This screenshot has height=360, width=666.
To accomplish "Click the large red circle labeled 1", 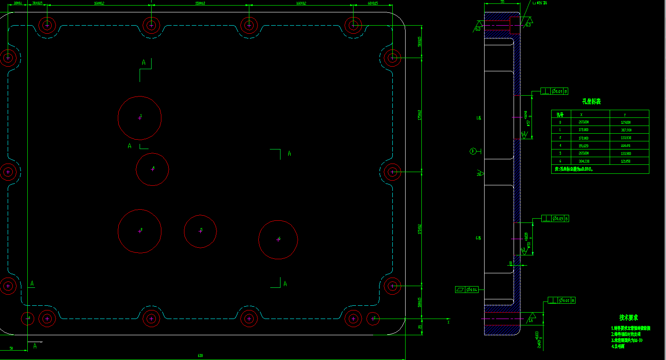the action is pyautogui.click(x=140, y=118).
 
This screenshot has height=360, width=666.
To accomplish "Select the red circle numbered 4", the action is pyautogui.click(x=152, y=170).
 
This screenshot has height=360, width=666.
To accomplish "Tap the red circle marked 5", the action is pyautogui.click(x=200, y=231).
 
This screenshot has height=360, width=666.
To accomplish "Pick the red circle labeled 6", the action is pyautogui.click(x=278, y=240).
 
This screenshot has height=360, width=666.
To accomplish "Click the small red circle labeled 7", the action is pyautogui.click(x=373, y=319).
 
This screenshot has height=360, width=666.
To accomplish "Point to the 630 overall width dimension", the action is pyautogui.click(x=201, y=356).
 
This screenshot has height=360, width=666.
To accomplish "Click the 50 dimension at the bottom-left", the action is pyautogui.click(x=11, y=348).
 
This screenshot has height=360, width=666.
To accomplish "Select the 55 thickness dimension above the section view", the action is pyautogui.click(x=502, y=2).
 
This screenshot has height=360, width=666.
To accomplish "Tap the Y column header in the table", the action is pyautogui.click(x=625, y=114).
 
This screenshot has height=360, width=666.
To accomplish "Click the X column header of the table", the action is pyautogui.click(x=581, y=114).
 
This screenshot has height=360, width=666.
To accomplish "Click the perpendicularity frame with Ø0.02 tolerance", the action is pyautogui.click(x=561, y=301).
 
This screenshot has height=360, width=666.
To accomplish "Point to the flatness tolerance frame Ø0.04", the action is pyautogui.click(x=467, y=290).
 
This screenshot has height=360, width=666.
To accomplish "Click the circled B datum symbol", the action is pyautogui.click(x=473, y=151).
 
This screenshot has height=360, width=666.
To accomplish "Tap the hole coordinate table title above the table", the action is pyautogui.click(x=591, y=102).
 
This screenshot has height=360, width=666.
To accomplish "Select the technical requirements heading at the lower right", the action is pyautogui.click(x=628, y=318).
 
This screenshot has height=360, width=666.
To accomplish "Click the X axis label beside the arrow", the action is pyautogui.click(x=448, y=322).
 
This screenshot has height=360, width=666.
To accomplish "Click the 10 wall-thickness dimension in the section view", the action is pyautogui.click(x=511, y=263).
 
